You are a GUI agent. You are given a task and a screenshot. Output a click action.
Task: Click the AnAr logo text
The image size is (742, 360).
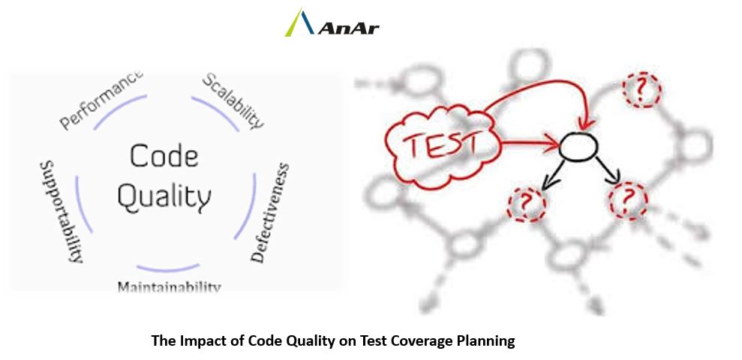(349, 28)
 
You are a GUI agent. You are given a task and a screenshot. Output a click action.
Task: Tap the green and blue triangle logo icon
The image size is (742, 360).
(299, 22)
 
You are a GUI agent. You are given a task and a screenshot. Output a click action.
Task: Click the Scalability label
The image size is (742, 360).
(233, 100)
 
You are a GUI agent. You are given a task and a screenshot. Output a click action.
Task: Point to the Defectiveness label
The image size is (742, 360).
(270, 212)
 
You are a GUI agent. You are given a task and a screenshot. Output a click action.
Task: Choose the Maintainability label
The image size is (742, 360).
(169, 286)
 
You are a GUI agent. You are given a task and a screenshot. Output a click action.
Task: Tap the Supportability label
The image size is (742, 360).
(62, 211)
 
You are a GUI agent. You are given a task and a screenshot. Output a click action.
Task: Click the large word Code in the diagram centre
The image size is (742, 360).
(164, 156)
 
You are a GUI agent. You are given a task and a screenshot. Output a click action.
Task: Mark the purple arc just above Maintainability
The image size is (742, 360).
(168, 268)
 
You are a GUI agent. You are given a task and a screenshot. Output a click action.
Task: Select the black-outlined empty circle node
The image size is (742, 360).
(578, 146)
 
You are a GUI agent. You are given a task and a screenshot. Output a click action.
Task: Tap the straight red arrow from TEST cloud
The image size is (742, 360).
(530, 142)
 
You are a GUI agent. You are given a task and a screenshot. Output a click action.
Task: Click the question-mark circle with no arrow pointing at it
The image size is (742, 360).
(642, 90)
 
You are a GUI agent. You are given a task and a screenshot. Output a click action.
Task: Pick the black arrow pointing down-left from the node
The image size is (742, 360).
(553, 175)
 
